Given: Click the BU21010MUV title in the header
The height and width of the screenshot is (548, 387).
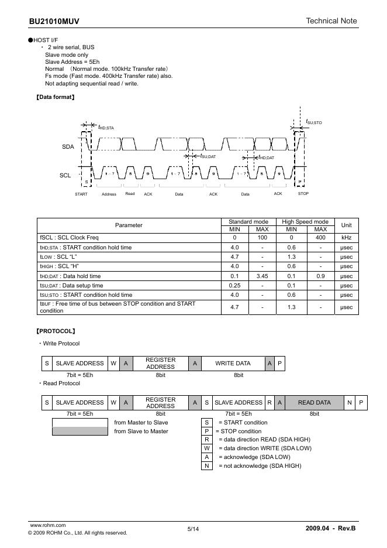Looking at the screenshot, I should click(x=54, y=21).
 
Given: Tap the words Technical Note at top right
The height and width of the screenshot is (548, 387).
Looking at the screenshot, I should click(x=331, y=21).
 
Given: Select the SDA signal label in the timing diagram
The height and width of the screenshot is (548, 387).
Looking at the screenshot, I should click(x=68, y=146).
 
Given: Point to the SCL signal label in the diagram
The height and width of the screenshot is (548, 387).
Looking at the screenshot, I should click(x=65, y=175).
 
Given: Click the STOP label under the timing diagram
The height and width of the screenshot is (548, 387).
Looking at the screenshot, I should click(x=303, y=194).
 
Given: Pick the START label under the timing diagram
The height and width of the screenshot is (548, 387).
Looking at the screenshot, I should click(x=81, y=194).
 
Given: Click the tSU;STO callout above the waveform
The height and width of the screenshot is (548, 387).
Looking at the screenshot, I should click(x=314, y=122).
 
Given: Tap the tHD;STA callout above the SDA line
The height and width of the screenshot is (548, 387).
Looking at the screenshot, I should click(x=106, y=127).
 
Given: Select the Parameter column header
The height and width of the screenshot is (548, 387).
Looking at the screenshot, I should click(x=129, y=225).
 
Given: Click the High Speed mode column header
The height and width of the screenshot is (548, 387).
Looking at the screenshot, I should click(x=305, y=222).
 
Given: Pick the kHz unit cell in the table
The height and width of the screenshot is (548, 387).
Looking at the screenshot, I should click(x=346, y=238).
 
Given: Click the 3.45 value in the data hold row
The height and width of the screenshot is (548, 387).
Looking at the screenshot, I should click(x=262, y=276).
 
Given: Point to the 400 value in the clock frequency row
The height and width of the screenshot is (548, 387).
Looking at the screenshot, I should click(x=320, y=238).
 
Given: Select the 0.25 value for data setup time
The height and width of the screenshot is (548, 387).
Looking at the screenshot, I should click(x=234, y=286).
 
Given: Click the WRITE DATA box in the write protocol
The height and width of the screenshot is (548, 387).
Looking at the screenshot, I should click(x=233, y=364).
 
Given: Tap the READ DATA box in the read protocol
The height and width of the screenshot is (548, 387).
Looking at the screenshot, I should click(x=314, y=403).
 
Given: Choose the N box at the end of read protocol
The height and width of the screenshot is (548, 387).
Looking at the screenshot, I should click(x=349, y=403).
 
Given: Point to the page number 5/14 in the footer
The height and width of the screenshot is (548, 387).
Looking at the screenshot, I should click(x=193, y=529).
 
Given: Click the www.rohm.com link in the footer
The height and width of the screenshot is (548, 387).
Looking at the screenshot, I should click(x=47, y=525).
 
